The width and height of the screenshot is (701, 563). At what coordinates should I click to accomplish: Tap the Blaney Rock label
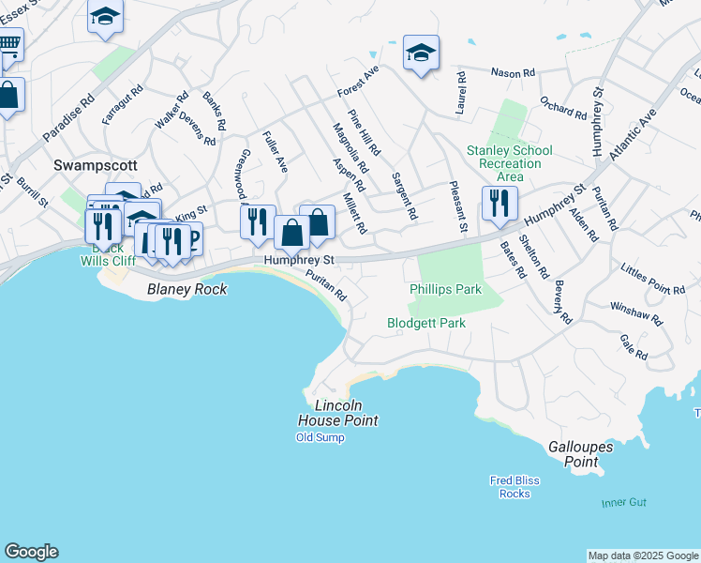187,290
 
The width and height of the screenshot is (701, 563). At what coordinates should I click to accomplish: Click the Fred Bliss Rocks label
515,487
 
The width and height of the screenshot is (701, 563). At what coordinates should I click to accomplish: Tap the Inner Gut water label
624,503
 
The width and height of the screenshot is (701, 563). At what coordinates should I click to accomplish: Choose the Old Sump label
321,437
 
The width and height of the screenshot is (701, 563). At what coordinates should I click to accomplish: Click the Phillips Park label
445,289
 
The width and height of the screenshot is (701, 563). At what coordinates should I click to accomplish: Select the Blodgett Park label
426,323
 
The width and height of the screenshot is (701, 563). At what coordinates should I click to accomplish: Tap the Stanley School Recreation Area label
510,163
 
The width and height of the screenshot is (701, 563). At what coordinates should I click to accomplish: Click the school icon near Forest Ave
421,53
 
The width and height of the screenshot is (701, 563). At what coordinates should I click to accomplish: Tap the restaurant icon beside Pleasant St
500,203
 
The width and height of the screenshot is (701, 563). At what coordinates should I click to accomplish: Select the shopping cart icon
7,43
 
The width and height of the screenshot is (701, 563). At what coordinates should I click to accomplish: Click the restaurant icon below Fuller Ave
257,221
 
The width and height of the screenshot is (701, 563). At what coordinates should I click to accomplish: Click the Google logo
31,552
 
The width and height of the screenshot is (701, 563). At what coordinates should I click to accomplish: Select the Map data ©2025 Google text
642,555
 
